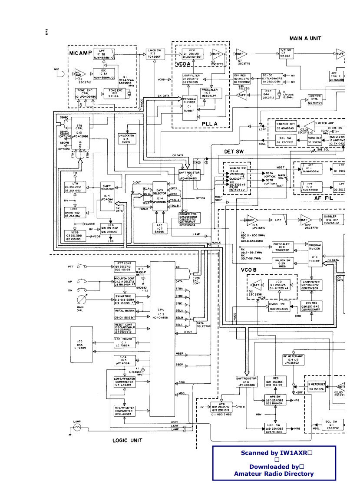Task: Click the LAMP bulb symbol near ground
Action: [x=77, y=427]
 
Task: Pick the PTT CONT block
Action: [x=124, y=266]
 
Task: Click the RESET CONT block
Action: [x=124, y=328]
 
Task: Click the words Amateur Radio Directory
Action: [x=274, y=474]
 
